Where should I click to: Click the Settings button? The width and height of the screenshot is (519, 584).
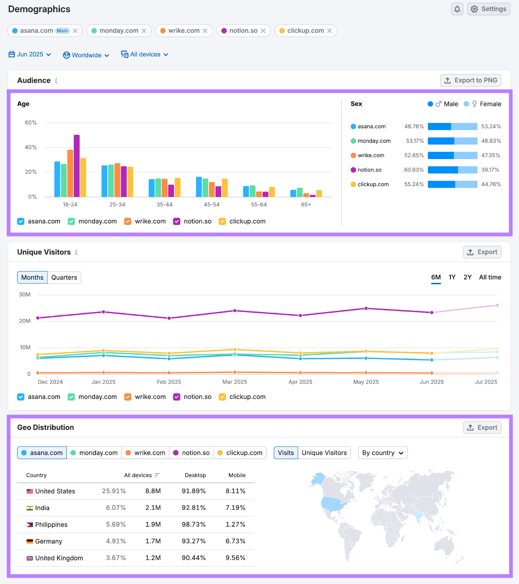click(488, 9)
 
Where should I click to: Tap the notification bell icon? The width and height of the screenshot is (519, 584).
click(457, 9)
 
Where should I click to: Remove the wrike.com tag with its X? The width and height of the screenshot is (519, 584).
click(205, 31)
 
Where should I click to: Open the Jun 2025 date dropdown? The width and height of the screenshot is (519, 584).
click(30, 54)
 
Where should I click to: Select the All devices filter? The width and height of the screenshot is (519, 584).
click(145, 54)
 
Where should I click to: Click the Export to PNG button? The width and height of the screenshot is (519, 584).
click(470, 80)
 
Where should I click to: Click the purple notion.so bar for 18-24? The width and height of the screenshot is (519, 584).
click(77, 166)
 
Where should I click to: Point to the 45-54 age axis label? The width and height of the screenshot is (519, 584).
click(212, 205)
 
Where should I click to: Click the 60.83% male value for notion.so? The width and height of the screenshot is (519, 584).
click(414, 170)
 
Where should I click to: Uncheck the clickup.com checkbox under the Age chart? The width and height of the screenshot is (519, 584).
click(222, 222)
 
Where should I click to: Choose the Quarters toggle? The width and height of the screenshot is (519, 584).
click(64, 277)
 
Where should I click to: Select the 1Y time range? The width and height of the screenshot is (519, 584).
click(452, 277)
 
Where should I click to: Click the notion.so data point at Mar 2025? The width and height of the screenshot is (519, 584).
click(235, 311)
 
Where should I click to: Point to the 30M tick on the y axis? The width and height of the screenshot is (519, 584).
click(25, 295)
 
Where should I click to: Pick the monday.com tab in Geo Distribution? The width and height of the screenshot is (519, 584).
click(94, 453)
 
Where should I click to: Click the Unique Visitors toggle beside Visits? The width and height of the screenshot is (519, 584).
click(324, 453)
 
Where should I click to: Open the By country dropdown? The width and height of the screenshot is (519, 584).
click(383, 453)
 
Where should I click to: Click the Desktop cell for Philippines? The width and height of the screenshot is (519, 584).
click(194, 525)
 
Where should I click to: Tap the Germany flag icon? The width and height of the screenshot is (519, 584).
click(30, 541)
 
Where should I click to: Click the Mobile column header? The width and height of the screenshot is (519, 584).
click(237, 475)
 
